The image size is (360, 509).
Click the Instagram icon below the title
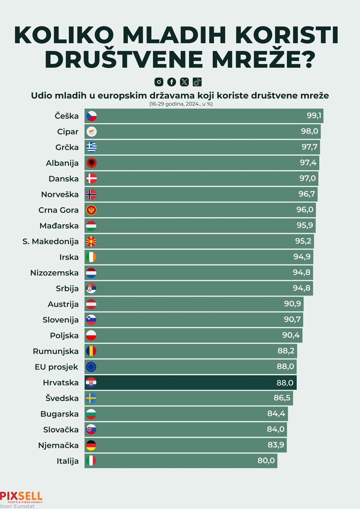(159, 82)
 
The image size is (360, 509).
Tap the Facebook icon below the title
(172, 82)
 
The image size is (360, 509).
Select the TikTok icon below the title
(197, 82)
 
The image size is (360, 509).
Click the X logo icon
(184, 82)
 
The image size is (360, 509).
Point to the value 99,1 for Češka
(314, 116)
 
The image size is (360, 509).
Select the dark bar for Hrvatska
(191, 383)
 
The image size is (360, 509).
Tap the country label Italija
(67, 461)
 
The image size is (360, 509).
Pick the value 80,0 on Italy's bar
(266, 461)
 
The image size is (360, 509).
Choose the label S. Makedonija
(51, 242)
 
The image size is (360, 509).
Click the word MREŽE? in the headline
(255, 59)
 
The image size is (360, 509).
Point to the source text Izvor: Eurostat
(17, 506)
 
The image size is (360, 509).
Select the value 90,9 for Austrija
(292, 304)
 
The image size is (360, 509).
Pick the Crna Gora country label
(59, 210)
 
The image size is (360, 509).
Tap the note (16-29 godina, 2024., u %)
(181, 104)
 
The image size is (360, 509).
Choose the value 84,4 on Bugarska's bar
(276, 414)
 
